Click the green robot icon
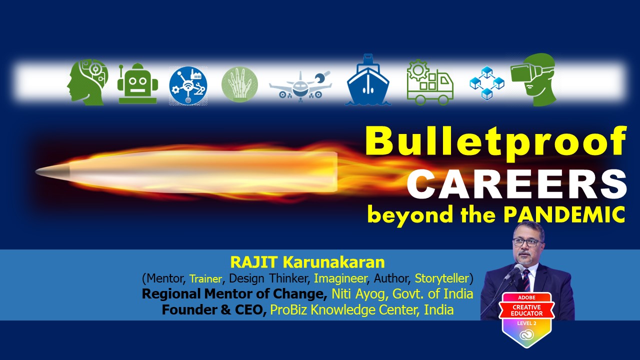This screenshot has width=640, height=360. [137, 83]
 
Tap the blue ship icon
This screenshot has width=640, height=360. [367, 80]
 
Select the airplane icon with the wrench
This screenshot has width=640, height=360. [300, 86]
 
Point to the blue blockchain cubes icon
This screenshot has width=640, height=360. [487, 83]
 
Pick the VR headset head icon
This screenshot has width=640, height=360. [533, 79]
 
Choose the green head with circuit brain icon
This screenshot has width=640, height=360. [87, 82]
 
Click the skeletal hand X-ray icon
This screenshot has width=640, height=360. [239, 84]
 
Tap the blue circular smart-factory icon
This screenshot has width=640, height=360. [188, 85]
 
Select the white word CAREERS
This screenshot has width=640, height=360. [516, 184]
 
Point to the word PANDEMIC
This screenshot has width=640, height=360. [564, 215]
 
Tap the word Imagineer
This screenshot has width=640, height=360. [340, 278]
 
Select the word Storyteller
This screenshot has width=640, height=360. [441, 278]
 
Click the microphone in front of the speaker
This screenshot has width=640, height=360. [514, 271]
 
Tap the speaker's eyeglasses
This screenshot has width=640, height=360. [527, 242]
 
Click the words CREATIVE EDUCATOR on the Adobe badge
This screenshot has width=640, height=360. [526, 310]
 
